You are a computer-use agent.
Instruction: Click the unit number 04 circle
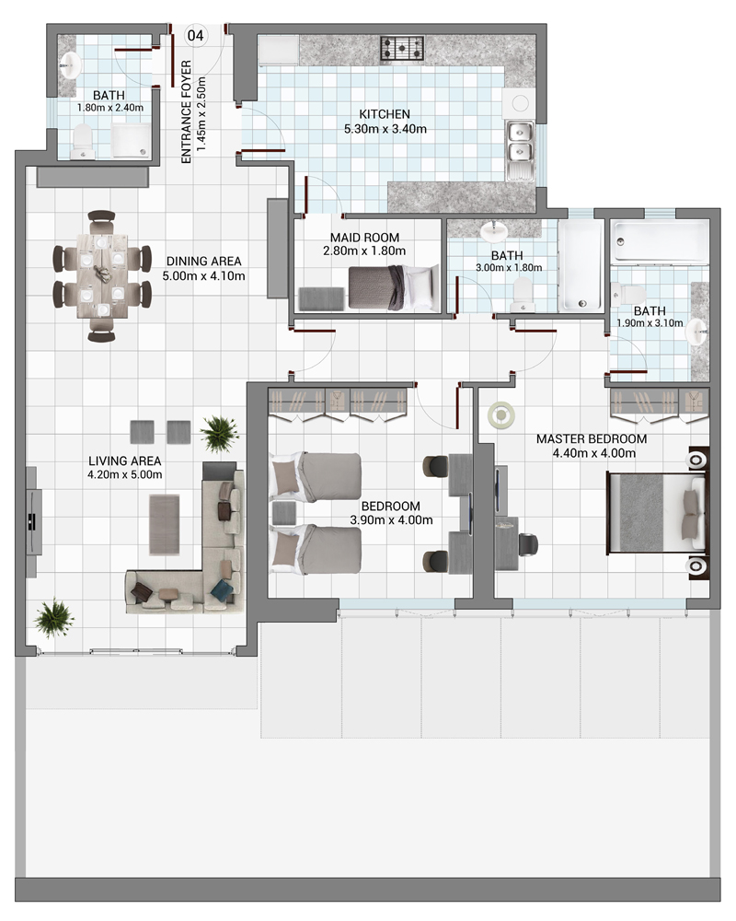(x=195, y=36)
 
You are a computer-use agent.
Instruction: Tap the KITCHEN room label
(x=385, y=114)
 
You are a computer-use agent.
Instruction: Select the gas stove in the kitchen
(x=402, y=48)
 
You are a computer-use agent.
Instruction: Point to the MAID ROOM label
(x=364, y=238)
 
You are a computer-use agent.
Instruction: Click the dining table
(x=102, y=276)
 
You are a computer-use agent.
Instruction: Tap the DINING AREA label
(x=203, y=261)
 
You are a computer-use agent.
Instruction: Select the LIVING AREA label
(x=124, y=461)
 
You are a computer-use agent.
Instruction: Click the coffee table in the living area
(x=165, y=525)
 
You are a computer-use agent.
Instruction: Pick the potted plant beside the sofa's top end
(x=220, y=434)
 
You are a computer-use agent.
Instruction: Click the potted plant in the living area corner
(x=54, y=618)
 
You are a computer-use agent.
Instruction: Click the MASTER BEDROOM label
(x=592, y=438)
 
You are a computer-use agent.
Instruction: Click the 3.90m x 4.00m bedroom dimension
(x=392, y=519)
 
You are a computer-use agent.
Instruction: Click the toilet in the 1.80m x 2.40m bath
(x=82, y=142)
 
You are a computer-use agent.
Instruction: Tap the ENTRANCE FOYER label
(x=187, y=111)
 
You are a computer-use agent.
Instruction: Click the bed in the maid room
(x=394, y=287)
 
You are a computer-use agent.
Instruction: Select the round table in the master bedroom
(x=501, y=415)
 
